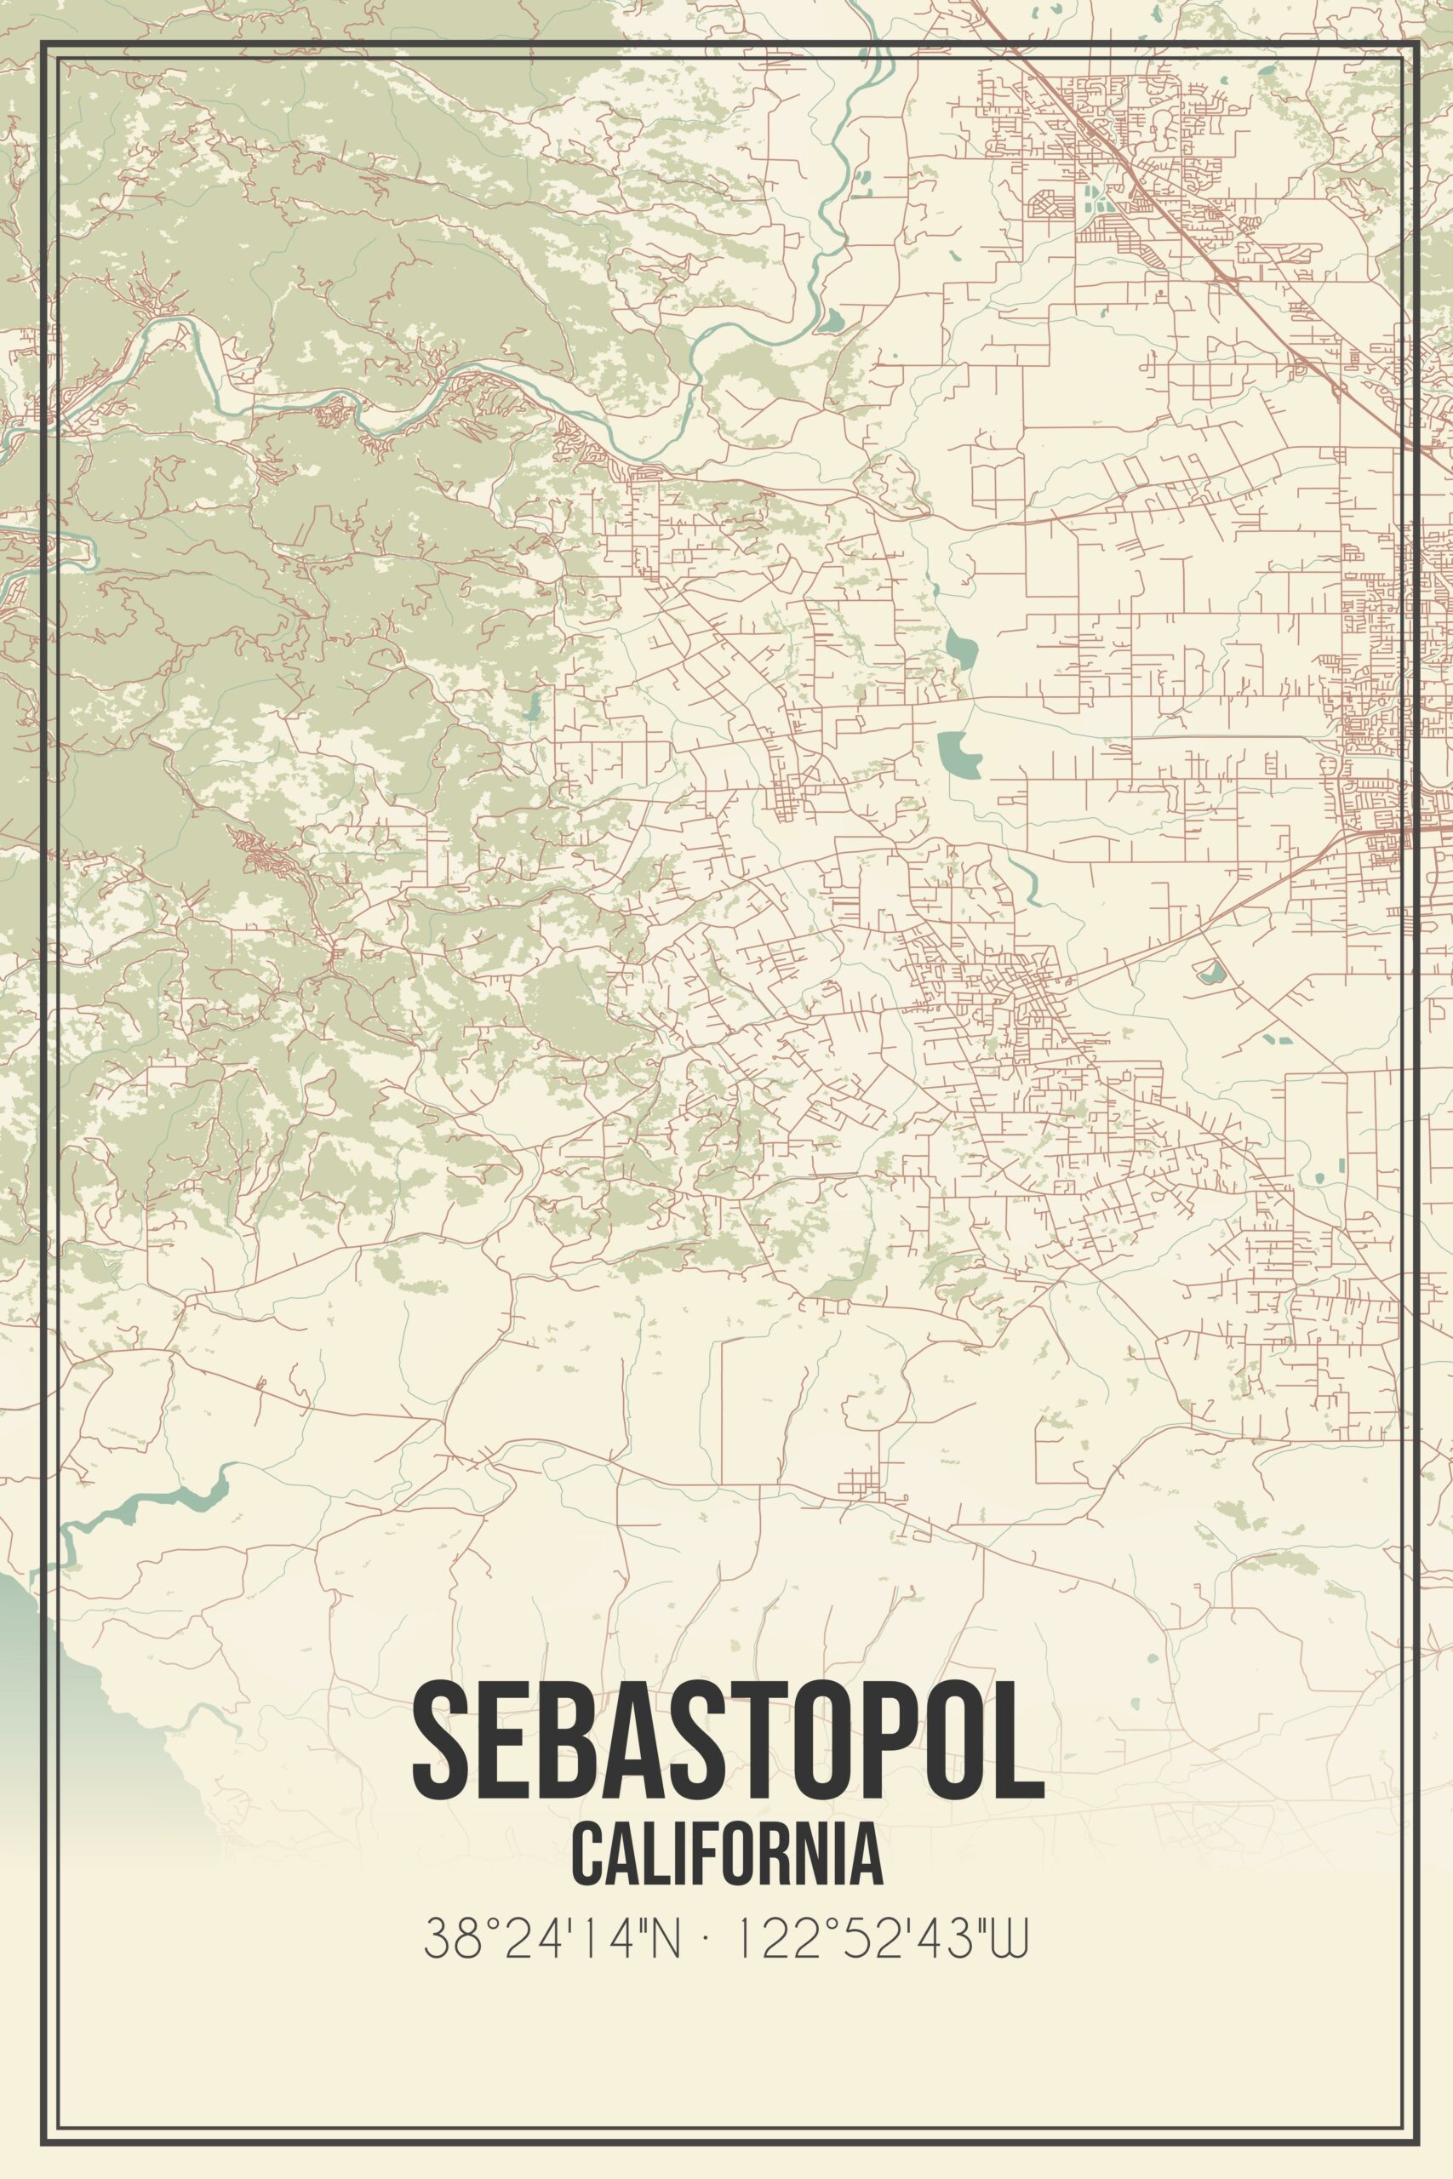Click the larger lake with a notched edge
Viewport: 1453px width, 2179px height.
pos(959,753)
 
